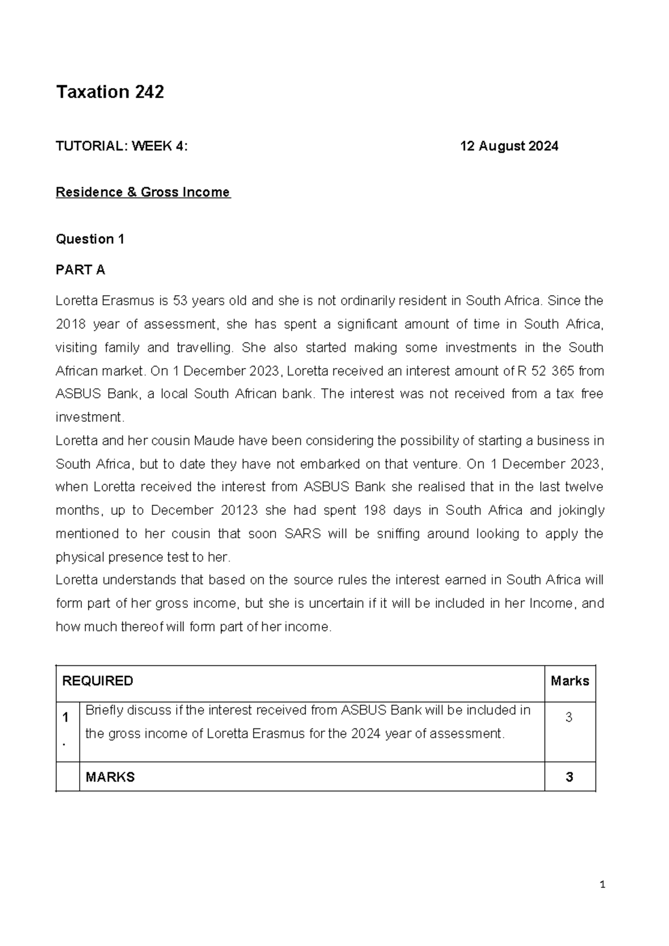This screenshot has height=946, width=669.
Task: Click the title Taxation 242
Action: [110, 91]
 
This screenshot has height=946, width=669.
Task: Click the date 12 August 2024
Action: [509, 147]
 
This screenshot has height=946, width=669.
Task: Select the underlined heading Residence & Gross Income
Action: [143, 192]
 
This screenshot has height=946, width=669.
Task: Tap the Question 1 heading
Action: [90, 239]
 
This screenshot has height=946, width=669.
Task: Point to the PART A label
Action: [80, 270]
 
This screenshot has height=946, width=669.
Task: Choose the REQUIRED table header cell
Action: [98, 681]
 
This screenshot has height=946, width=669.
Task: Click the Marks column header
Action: [570, 681]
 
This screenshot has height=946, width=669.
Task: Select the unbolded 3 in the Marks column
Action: [569, 718]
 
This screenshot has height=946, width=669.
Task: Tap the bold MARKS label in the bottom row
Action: [110, 777]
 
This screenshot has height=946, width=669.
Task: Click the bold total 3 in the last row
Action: [569, 777]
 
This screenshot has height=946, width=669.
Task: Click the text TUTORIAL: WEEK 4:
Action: [122, 147]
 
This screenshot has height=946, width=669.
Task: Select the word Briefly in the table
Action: [104, 711]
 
